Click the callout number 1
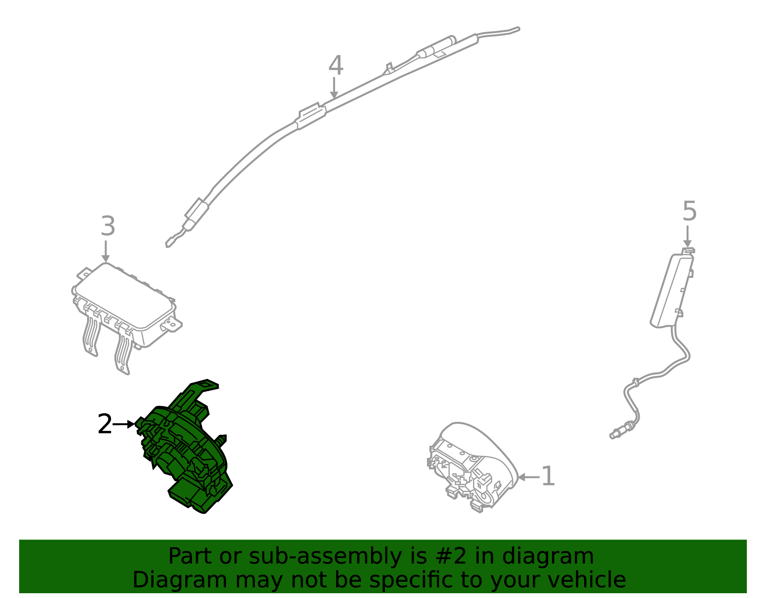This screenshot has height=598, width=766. click(548, 476)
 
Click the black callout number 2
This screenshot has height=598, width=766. click(105, 424)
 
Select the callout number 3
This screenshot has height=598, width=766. click(108, 226)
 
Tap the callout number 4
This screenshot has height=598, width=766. click(336, 65)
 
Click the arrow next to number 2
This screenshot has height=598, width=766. click(124, 424)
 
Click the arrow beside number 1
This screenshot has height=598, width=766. click(529, 477)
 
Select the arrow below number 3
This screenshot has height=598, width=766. click(106, 252)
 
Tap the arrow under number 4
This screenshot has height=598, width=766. click(334, 88)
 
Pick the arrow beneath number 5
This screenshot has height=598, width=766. click(687, 237)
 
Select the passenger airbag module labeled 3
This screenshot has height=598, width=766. click(125, 314)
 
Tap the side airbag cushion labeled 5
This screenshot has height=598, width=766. click(672, 290)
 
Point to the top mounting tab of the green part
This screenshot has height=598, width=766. click(205, 386)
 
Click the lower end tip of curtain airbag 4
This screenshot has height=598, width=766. click(168, 244)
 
